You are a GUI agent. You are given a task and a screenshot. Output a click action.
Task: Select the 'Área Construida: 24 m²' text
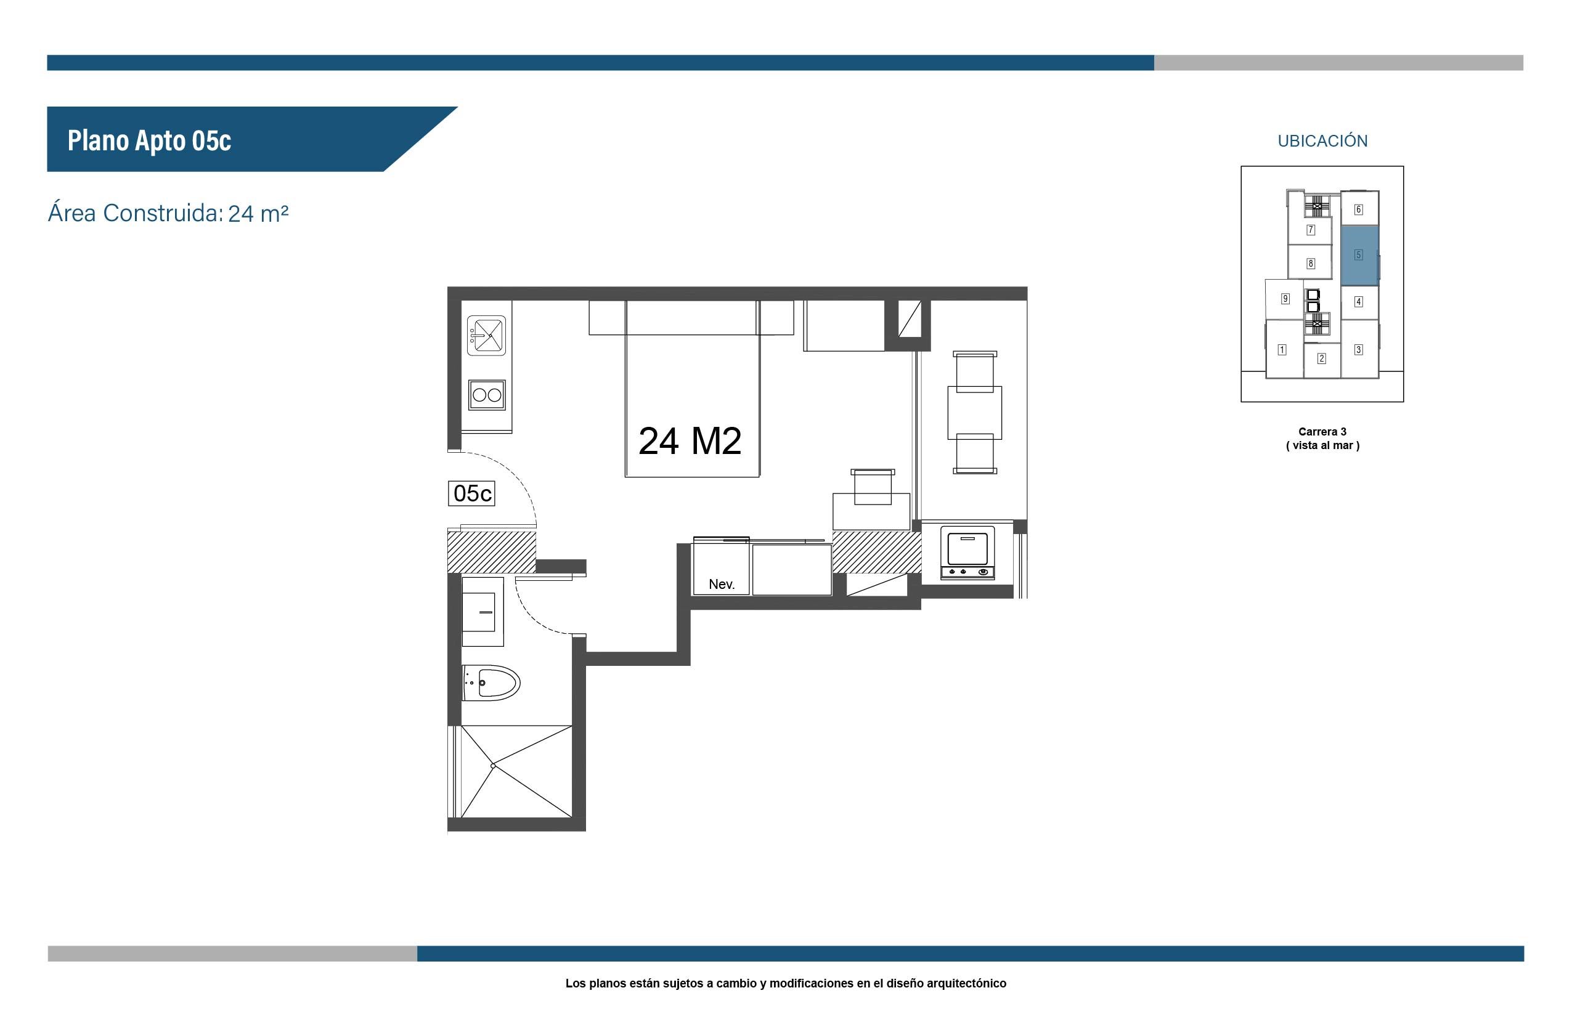coord(168,213)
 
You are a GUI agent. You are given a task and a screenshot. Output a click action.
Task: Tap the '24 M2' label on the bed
coord(690,441)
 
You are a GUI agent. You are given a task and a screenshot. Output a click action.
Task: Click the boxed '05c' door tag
coord(471,493)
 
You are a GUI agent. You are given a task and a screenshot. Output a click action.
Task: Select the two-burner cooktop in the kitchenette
coord(487,395)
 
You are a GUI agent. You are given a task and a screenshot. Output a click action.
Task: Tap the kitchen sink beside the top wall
coord(486,336)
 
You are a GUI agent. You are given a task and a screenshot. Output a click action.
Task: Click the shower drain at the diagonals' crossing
coord(493,766)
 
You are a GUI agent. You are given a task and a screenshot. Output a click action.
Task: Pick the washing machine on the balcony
coord(967,553)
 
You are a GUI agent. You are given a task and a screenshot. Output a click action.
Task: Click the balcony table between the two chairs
coord(974,413)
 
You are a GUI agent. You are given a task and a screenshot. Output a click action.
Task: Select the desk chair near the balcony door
coord(873,487)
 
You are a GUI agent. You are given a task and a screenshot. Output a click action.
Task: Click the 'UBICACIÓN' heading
coord(1322,140)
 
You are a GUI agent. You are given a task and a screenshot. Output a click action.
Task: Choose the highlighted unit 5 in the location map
coord(1359,256)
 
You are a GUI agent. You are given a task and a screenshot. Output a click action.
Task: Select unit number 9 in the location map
coord(1285,299)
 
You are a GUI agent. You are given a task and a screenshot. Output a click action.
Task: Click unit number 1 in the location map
coord(1282,349)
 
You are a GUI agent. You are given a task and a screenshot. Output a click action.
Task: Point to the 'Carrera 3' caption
coord(1322,432)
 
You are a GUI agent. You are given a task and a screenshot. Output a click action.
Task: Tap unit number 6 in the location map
coord(1359,209)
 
